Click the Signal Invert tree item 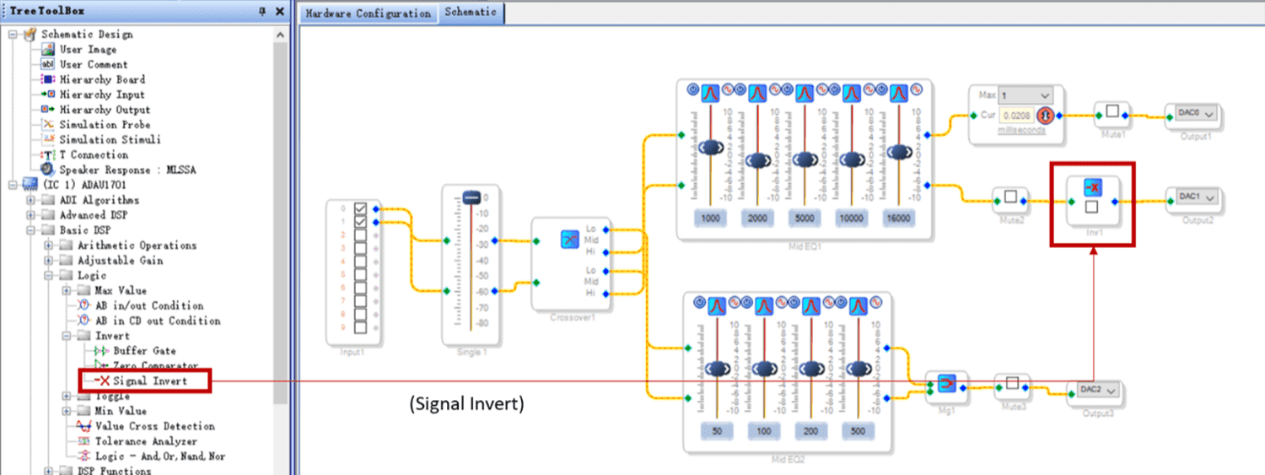pyautogui.click(x=149, y=381)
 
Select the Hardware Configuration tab pyautogui.click(x=368, y=13)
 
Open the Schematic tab pyautogui.click(x=471, y=13)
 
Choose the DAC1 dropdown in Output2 pyautogui.click(x=1193, y=197)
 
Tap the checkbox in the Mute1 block pyautogui.click(x=1112, y=111)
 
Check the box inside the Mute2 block pyautogui.click(x=1010, y=197)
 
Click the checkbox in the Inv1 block pyautogui.click(x=1091, y=207)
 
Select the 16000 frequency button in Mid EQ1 pyautogui.click(x=899, y=218)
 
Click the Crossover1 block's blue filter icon pyautogui.click(x=568, y=239)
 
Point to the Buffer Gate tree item pyautogui.click(x=144, y=351)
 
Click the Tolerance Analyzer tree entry pyautogui.click(x=145, y=441)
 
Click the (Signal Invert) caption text pyautogui.click(x=466, y=404)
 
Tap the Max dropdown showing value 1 pyautogui.click(x=1025, y=95)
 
